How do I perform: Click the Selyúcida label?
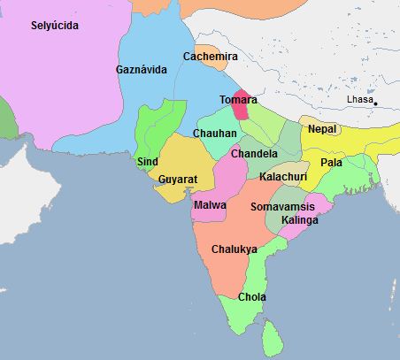(55, 26)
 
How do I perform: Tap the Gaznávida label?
(142, 69)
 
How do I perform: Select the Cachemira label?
(211, 57)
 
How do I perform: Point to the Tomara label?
(237, 99)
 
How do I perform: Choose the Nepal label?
(322, 129)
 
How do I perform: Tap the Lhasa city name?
(359, 99)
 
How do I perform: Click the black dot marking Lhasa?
(376, 104)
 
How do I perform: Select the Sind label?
(148, 162)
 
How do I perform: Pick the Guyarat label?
(178, 179)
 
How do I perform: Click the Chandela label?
(254, 153)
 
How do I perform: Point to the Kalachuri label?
(283, 177)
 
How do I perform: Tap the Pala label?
(332, 163)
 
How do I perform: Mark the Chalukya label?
(235, 249)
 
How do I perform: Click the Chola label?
(252, 297)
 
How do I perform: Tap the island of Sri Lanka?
(273, 337)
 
